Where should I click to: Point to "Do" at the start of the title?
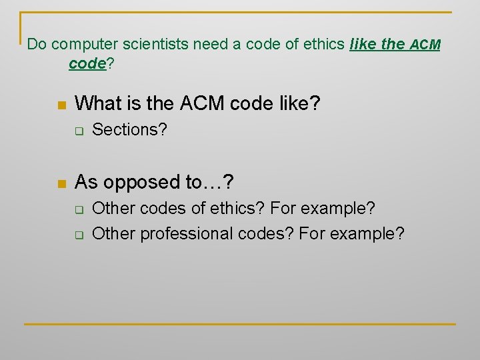pos(36,45)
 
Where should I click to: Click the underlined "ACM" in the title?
pos(425,45)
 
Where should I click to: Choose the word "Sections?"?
pos(129,130)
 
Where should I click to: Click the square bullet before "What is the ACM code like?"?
pos(62,105)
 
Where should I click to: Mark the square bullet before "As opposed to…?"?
pos(62,184)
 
